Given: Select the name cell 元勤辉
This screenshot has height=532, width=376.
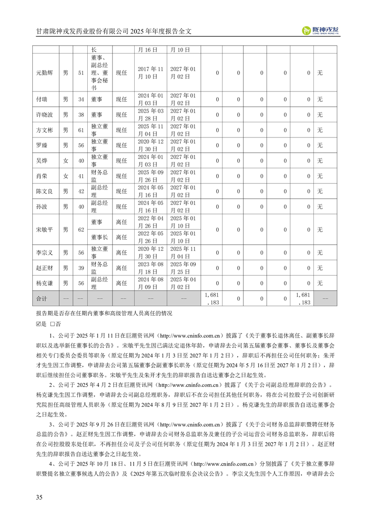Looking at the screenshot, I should pos(46,73).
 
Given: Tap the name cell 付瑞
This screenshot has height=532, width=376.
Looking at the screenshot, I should pos(42,99).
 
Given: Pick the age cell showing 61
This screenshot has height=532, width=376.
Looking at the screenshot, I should pos(81,130).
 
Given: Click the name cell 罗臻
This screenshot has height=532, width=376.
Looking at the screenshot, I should pos(42,145).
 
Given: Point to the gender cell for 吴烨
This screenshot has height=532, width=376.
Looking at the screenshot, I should pos(65,161).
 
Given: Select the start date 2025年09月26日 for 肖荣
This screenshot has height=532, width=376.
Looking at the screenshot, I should pos(150,176).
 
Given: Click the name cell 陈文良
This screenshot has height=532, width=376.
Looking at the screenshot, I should pos(46,191).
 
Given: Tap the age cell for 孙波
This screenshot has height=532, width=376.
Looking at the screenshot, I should pos(81,207).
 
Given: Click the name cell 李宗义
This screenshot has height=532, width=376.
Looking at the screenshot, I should pos(46,253).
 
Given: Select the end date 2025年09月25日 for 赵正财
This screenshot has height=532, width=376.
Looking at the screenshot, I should pos(183,268).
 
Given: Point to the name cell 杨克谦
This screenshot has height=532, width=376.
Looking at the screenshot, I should pos(46,283).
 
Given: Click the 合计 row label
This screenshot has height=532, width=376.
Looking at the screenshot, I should pos(42,299).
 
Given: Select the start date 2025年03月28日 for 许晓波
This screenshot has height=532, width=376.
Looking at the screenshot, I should pos(150,114).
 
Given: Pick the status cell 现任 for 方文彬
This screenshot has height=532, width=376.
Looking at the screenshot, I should pos(122,130).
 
